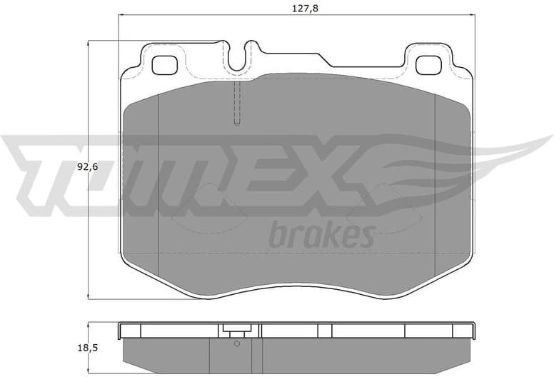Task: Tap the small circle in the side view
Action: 237,343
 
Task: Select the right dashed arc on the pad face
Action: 382,207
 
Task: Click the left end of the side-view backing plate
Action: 121,330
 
